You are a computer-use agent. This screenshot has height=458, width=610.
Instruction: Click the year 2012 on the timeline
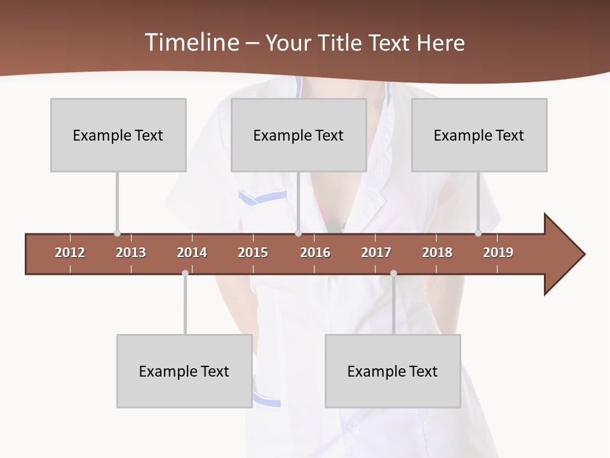(70, 253)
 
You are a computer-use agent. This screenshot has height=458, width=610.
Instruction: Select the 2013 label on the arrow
(131, 253)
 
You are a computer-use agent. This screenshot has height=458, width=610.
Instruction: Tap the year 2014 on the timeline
(192, 253)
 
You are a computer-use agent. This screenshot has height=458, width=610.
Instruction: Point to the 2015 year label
(253, 253)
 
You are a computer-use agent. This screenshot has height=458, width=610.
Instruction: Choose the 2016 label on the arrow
(315, 253)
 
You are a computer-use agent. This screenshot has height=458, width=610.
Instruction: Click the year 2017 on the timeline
(376, 253)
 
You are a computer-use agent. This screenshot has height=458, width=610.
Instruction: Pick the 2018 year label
(437, 253)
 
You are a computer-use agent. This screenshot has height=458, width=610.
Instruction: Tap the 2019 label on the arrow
(498, 253)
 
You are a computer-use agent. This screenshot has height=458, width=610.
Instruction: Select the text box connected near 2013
(118, 135)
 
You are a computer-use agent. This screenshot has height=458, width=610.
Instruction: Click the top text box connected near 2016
(299, 135)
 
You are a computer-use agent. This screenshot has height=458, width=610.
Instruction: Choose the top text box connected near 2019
(479, 135)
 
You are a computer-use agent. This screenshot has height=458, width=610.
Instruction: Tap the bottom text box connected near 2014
(184, 371)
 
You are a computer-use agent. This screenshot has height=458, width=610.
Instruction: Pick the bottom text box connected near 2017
(393, 371)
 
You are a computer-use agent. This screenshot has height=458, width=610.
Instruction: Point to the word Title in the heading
(342, 43)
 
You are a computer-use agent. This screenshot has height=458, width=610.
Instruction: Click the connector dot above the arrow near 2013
(117, 233)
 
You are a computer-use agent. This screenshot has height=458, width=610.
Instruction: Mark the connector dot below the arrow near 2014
(185, 274)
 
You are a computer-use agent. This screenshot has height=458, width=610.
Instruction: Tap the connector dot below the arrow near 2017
(393, 274)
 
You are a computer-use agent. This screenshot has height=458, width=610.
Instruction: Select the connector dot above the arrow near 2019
(478, 233)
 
